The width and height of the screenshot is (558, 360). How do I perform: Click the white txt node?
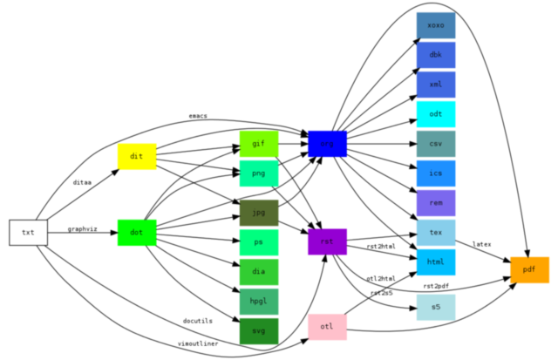point(28,233)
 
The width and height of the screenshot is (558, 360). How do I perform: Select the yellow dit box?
point(137,157)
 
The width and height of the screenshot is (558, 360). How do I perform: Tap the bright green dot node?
point(137,233)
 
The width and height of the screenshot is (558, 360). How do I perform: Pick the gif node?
point(259,143)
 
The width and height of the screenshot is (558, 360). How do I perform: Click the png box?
point(259,173)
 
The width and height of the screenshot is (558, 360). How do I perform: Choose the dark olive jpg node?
point(259,213)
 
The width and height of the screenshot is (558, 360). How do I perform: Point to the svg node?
point(259,331)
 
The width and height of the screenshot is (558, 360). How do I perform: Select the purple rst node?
point(327,241)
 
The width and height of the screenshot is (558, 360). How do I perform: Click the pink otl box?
point(327,327)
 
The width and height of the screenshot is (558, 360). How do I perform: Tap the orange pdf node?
point(529,270)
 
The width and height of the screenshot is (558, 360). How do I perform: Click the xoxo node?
point(435,26)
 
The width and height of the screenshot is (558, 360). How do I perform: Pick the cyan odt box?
point(435,114)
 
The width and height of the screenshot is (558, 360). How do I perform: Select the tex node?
point(435,233)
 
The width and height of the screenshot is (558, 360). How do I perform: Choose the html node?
point(435,262)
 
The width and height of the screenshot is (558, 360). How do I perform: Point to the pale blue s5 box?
point(435,307)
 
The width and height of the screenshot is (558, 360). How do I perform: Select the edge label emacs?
point(198,116)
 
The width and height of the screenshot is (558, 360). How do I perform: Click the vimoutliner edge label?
point(198,343)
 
